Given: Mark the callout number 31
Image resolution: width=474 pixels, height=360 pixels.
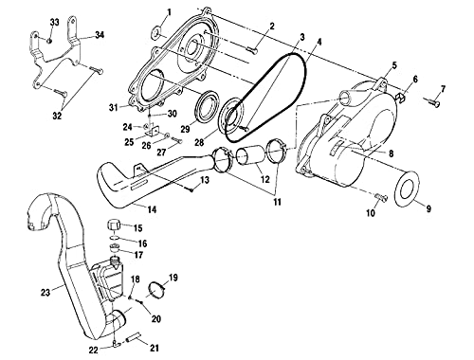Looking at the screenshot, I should pos(113,105).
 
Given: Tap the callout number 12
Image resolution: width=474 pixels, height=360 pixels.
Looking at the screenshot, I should pos(265,178).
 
